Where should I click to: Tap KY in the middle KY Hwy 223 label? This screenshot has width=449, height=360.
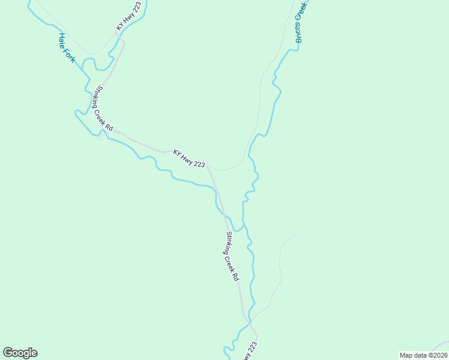[x=177, y=152]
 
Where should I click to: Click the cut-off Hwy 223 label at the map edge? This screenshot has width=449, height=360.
[x=252, y=352]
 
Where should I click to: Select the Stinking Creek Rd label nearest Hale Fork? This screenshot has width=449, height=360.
[x=103, y=109]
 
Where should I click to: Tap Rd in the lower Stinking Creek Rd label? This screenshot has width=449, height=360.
[x=237, y=277]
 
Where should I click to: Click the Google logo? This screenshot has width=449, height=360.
[x=20, y=353]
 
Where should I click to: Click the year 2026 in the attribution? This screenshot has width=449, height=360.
[x=439, y=355]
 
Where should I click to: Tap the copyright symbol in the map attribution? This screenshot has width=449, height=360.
[x=427, y=355]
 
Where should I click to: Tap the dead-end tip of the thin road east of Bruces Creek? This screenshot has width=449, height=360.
[x=295, y=232]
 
